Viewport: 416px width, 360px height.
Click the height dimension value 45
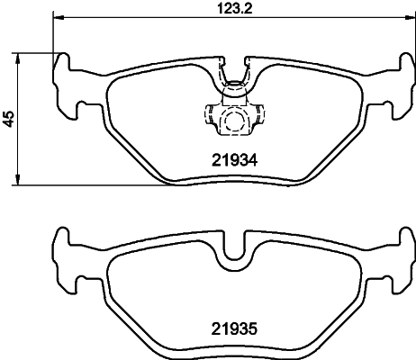(9, 118)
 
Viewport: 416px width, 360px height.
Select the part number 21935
(235, 329)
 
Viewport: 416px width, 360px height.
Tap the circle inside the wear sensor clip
(234, 122)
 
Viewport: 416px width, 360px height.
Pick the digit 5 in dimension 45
(9, 112)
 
